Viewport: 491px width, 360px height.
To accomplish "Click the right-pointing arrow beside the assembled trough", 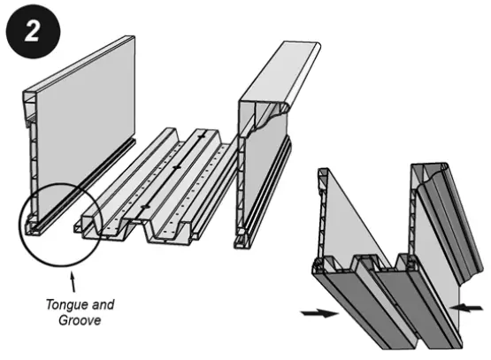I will click(319, 312).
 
